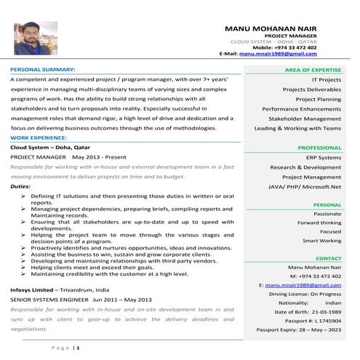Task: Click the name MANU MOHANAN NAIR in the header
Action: [281, 27]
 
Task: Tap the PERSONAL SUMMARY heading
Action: [42, 70]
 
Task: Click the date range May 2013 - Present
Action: [108, 156]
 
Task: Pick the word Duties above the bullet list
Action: [20, 186]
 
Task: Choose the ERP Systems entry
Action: [323, 157]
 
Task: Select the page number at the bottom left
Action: [76, 348]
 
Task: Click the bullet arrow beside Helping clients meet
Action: [25, 267]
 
